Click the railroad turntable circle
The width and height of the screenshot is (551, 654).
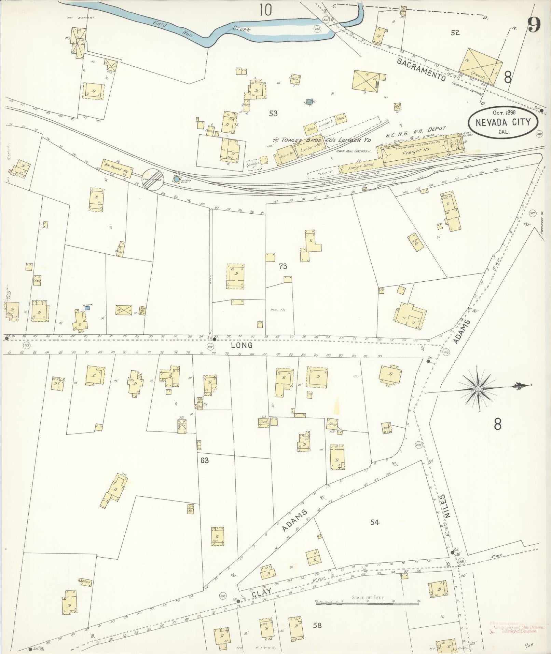(153, 179)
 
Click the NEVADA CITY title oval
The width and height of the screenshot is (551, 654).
(504, 121)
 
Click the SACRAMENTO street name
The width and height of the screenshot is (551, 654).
(422, 69)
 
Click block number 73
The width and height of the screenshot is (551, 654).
(283, 266)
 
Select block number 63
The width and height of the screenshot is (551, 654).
(204, 461)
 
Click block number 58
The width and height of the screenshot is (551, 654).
(317, 625)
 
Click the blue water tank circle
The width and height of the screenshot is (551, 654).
(176, 179)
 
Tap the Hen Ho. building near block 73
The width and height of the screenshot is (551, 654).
(416, 243)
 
